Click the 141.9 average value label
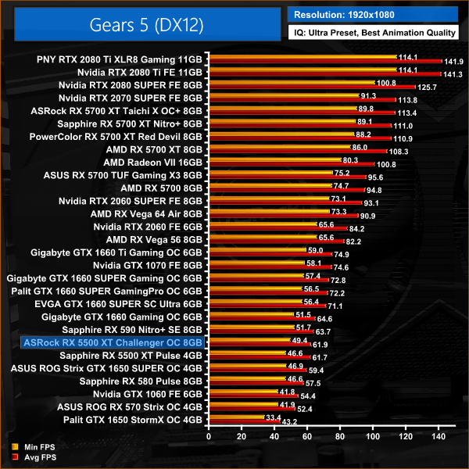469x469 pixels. click(453, 61)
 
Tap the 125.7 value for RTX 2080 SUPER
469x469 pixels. click(427, 87)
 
